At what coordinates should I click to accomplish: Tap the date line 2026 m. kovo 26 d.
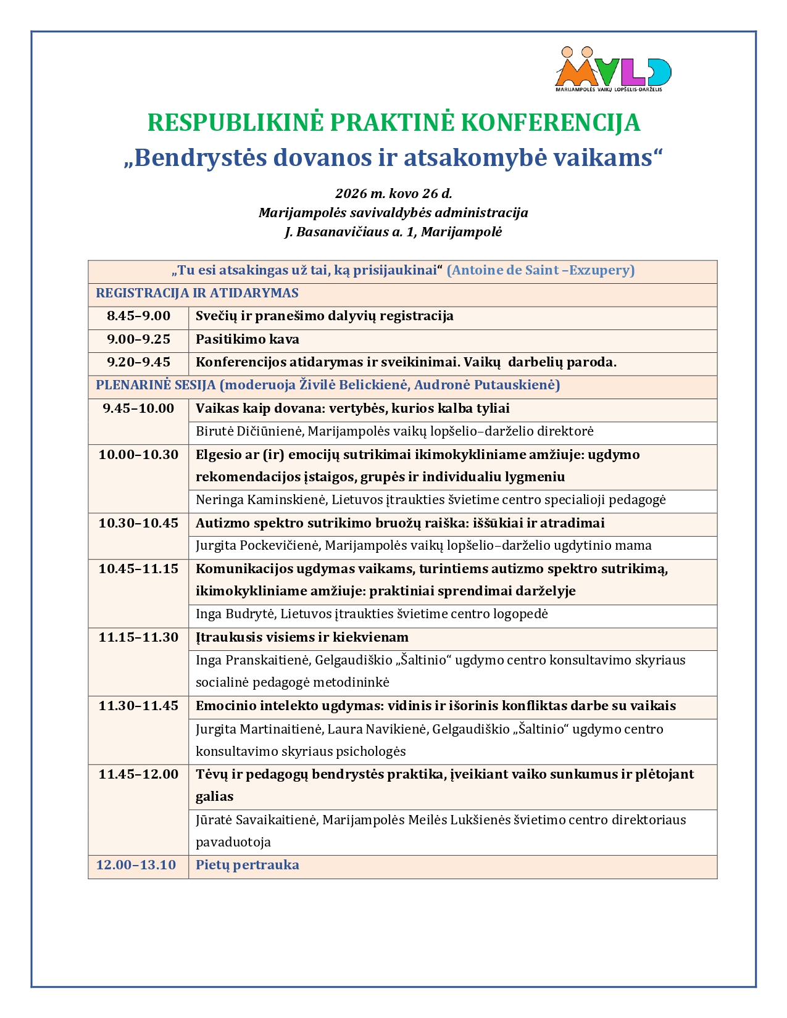(393, 194)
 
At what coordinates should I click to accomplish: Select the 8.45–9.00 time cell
(138, 317)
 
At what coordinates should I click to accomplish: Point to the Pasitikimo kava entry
(247, 339)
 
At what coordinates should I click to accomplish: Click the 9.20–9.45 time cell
(138, 362)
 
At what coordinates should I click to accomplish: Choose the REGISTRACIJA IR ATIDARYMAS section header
(197, 294)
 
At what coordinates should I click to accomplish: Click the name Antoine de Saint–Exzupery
(541, 270)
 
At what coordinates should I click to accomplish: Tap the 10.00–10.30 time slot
(138, 455)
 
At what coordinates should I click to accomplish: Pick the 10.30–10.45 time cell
(138, 524)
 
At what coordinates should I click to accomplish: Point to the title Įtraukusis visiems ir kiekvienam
(302, 637)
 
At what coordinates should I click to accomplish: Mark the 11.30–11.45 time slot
(138, 706)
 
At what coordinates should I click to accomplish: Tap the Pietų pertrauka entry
(247, 865)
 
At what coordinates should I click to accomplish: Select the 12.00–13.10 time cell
(136, 865)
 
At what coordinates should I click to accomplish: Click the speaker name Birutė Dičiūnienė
(249, 431)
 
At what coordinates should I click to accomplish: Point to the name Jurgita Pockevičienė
(257, 545)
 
